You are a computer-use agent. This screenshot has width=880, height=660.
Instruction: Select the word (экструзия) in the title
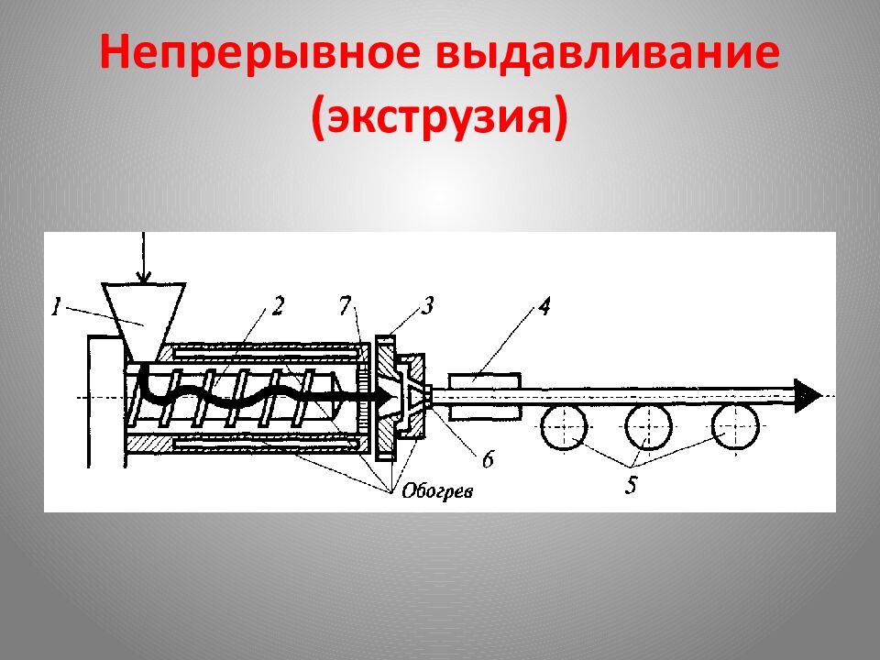tap(439, 120)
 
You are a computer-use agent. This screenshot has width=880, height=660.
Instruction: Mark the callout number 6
tap(487, 459)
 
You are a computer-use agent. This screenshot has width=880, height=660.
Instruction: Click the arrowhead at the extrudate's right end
tap(807, 395)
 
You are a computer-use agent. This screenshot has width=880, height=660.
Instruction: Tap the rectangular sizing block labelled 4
tap(484, 395)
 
